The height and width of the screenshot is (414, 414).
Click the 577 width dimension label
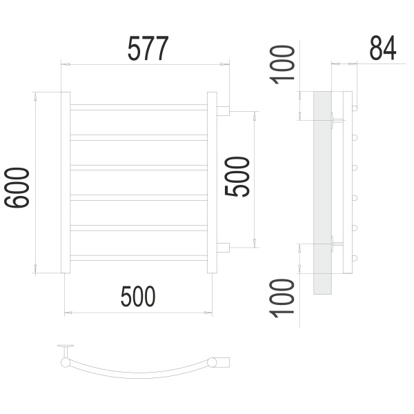(x=148, y=48)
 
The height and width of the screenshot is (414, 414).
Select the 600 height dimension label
(x=17, y=188)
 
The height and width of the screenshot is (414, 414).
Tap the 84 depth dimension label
(x=383, y=48)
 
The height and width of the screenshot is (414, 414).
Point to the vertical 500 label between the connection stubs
(x=237, y=177)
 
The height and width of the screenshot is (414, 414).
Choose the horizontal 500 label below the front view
(x=138, y=296)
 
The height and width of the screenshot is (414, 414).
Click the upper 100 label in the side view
(x=282, y=65)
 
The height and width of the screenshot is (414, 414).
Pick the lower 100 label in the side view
(x=282, y=298)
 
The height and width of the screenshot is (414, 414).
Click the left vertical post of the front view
(x=66, y=182)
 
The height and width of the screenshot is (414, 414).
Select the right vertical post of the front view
(x=212, y=182)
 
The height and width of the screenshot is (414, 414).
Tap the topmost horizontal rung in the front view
(x=139, y=107)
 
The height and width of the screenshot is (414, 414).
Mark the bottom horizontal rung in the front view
(x=139, y=258)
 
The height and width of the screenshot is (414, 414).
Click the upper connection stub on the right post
(x=223, y=111)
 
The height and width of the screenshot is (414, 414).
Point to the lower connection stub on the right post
(x=223, y=248)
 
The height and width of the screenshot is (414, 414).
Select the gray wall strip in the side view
(x=322, y=193)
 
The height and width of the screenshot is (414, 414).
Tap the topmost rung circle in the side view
(x=355, y=108)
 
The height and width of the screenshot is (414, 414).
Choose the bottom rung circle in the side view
(x=355, y=258)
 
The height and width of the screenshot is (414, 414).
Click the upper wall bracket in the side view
(x=337, y=120)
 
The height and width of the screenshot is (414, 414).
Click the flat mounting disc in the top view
(x=66, y=346)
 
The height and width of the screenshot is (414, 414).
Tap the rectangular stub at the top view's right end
(x=223, y=362)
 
